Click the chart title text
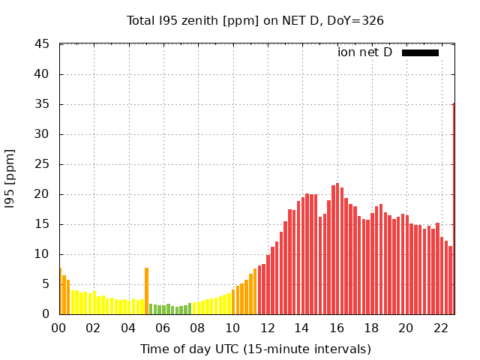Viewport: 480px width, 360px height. (x=255, y=20)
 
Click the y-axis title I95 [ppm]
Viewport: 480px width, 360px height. (x=10, y=179)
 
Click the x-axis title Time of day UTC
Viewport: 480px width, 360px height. (x=255, y=349)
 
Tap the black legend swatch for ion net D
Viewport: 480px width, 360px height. (x=420, y=52)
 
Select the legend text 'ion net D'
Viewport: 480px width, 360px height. (x=364, y=52)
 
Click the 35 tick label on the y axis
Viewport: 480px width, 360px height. (x=42, y=104)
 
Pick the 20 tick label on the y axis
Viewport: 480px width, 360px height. (x=42, y=194)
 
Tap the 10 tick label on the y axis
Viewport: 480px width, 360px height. (x=42, y=254)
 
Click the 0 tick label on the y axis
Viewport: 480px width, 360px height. (x=46, y=314)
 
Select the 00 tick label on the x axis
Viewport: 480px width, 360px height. (x=59, y=328)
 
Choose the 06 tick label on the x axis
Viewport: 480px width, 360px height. (x=163, y=328)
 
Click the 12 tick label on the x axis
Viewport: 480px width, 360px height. (x=267, y=328)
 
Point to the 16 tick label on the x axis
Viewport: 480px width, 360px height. (x=337, y=328)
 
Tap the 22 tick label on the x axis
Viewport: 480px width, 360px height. (x=441, y=328)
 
